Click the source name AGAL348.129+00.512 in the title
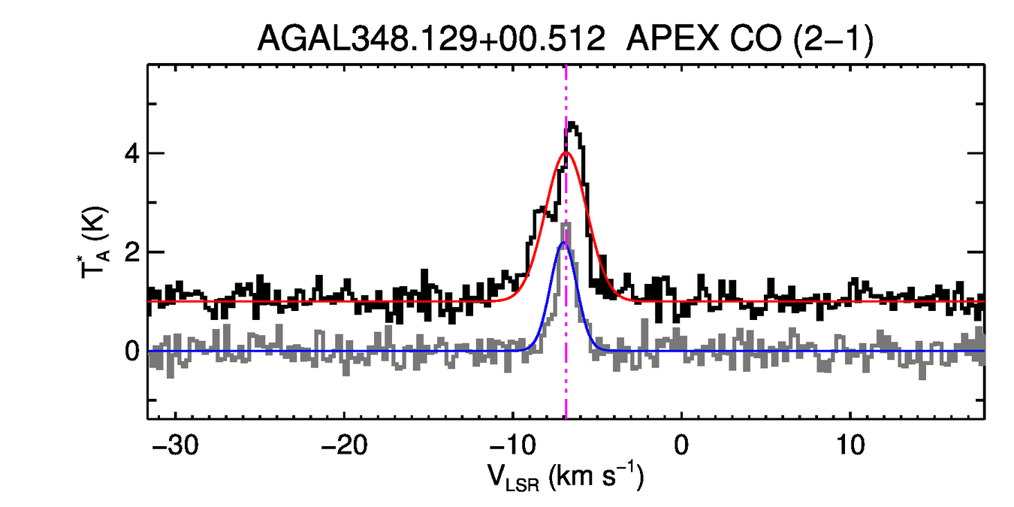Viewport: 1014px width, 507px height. (x=431, y=38)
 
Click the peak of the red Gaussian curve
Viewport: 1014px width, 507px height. (x=566, y=152)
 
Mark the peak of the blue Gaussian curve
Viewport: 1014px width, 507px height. (x=564, y=243)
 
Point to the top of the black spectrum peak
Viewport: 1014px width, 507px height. (x=572, y=123)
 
